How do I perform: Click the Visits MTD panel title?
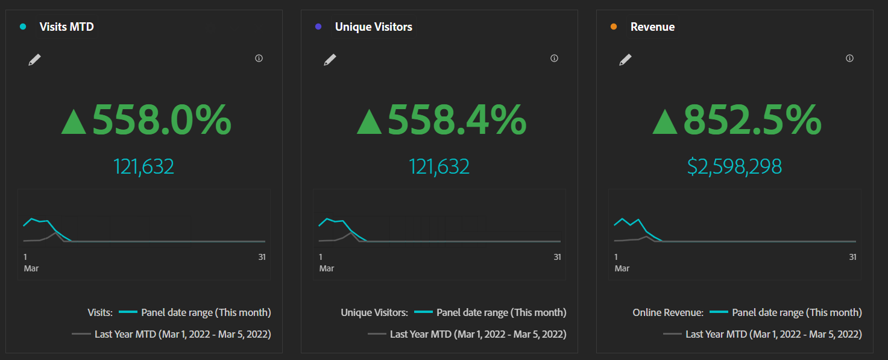[66, 27]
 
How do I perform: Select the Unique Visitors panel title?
[373, 27]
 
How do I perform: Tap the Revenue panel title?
[652, 27]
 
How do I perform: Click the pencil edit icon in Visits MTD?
[35, 60]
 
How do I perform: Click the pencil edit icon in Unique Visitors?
[330, 60]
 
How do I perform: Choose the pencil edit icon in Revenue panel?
[626, 60]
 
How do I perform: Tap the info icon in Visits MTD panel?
[259, 58]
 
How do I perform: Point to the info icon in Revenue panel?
[850, 58]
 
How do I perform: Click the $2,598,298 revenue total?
[734, 166]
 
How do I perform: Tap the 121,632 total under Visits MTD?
[143, 166]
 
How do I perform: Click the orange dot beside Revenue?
[614, 27]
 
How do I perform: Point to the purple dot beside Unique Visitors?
[318, 27]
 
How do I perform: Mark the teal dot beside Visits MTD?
[23, 27]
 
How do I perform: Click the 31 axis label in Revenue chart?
[852, 257]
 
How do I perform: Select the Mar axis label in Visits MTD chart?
[31, 268]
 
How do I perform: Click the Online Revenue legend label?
[668, 312]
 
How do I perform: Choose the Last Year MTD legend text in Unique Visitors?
[478, 334]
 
